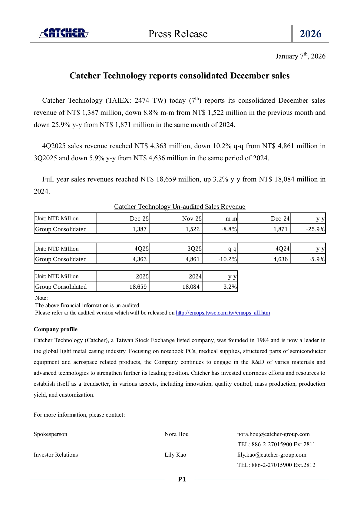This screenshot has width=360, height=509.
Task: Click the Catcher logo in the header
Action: coord(64,33)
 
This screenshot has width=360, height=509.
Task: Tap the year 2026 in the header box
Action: coord(310,34)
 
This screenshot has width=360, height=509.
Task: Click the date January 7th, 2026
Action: coord(300,56)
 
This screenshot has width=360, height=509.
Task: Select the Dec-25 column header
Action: coord(139,218)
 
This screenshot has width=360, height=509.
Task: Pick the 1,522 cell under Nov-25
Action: coord(193,229)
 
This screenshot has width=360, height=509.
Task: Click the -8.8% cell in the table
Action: coord(229,229)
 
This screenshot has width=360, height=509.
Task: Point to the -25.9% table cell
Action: coord(315,229)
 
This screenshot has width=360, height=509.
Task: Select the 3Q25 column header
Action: coord(194,249)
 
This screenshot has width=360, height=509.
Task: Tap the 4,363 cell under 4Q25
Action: coord(140,259)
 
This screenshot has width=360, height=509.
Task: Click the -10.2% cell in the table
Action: coord(227,259)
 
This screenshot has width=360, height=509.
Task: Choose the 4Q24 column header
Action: coord(282,249)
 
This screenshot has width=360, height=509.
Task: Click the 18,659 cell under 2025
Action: coord(138,287)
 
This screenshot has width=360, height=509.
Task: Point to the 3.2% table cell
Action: coord(230,287)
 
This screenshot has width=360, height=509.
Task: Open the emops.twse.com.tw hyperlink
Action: coord(223,313)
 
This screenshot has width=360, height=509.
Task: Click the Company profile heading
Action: coord(56,329)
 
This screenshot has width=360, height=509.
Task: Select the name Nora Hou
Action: coord(177,434)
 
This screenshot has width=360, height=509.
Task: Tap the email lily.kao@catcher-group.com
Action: coord(272,455)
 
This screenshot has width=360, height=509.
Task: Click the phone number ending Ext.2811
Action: coord(276,444)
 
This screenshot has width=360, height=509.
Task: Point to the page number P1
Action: coord(182,479)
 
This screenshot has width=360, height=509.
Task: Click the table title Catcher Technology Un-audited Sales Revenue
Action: coord(180,207)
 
